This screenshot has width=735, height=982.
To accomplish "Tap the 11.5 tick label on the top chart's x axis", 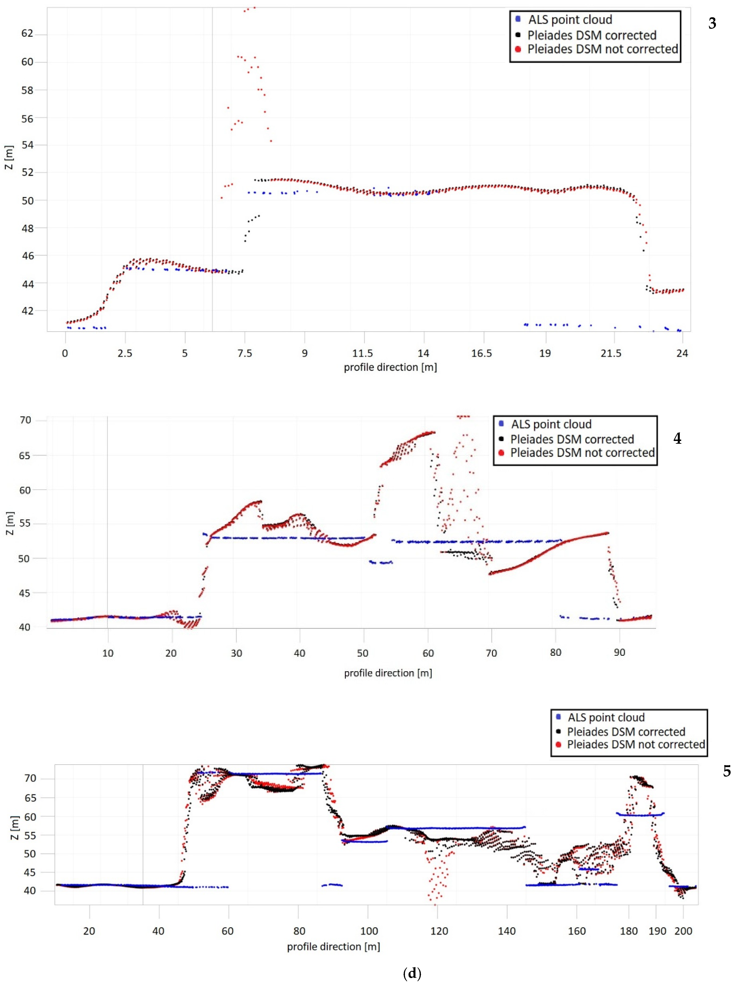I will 363,353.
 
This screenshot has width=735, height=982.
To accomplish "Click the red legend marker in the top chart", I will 518,49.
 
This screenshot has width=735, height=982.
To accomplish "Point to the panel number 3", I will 712,23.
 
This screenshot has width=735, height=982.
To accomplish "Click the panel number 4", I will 677,439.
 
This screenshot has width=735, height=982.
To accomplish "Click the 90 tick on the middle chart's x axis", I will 619,653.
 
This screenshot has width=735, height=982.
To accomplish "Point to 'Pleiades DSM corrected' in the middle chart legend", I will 572,439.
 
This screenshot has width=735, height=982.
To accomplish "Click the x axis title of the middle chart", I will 388,673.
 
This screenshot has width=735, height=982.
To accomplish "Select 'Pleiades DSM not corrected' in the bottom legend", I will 636,744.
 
